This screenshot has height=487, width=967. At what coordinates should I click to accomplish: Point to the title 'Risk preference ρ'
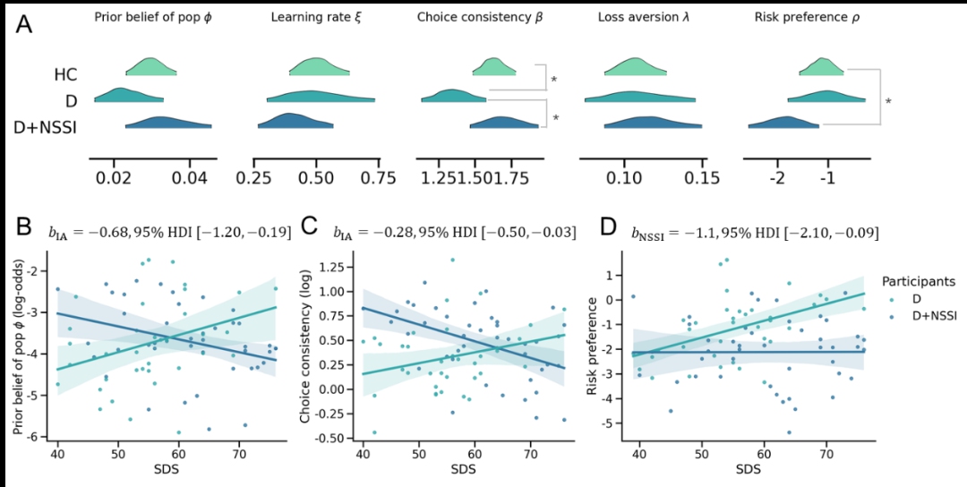pos(806,18)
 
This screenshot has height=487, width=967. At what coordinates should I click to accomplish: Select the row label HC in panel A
pos(64,75)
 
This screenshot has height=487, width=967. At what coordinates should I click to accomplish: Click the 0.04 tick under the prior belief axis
pos(190,178)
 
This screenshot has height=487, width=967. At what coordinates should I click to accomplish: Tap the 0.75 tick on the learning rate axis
pos(380,178)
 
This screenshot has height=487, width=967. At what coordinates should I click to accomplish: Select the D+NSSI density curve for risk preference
pos(784,124)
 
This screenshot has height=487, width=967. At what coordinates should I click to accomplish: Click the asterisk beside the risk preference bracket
pos(887,101)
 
